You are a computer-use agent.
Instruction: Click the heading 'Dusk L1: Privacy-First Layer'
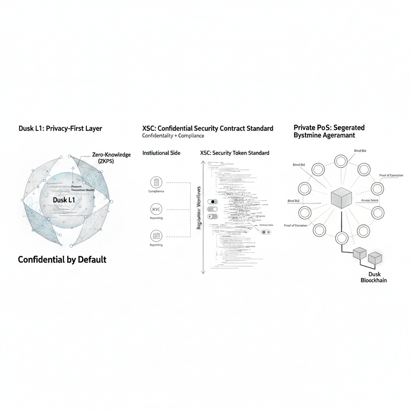[x=60, y=129]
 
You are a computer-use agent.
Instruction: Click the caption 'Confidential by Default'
[x=62, y=259]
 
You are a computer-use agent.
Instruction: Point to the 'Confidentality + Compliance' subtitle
[x=173, y=136]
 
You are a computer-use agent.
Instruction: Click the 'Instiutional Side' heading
[x=161, y=153]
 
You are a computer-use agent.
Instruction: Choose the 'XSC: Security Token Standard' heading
[x=235, y=153]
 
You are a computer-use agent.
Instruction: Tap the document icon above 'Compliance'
[x=156, y=182]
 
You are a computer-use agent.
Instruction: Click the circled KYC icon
[x=156, y=209]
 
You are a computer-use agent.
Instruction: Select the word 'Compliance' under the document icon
[x=156, y=191]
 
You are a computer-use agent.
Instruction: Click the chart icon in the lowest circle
[x=156, y=235]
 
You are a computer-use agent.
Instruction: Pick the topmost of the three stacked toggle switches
[x=212, y=202]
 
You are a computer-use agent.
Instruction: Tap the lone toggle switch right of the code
[x=265, y=232]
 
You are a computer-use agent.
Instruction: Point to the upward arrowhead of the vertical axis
[x=203, y=163]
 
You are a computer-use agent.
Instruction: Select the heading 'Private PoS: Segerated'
[x=329, y=128]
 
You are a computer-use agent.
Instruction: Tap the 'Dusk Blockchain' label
[x=374, y=277]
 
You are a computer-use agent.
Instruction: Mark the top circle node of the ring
[x=340, y=161]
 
